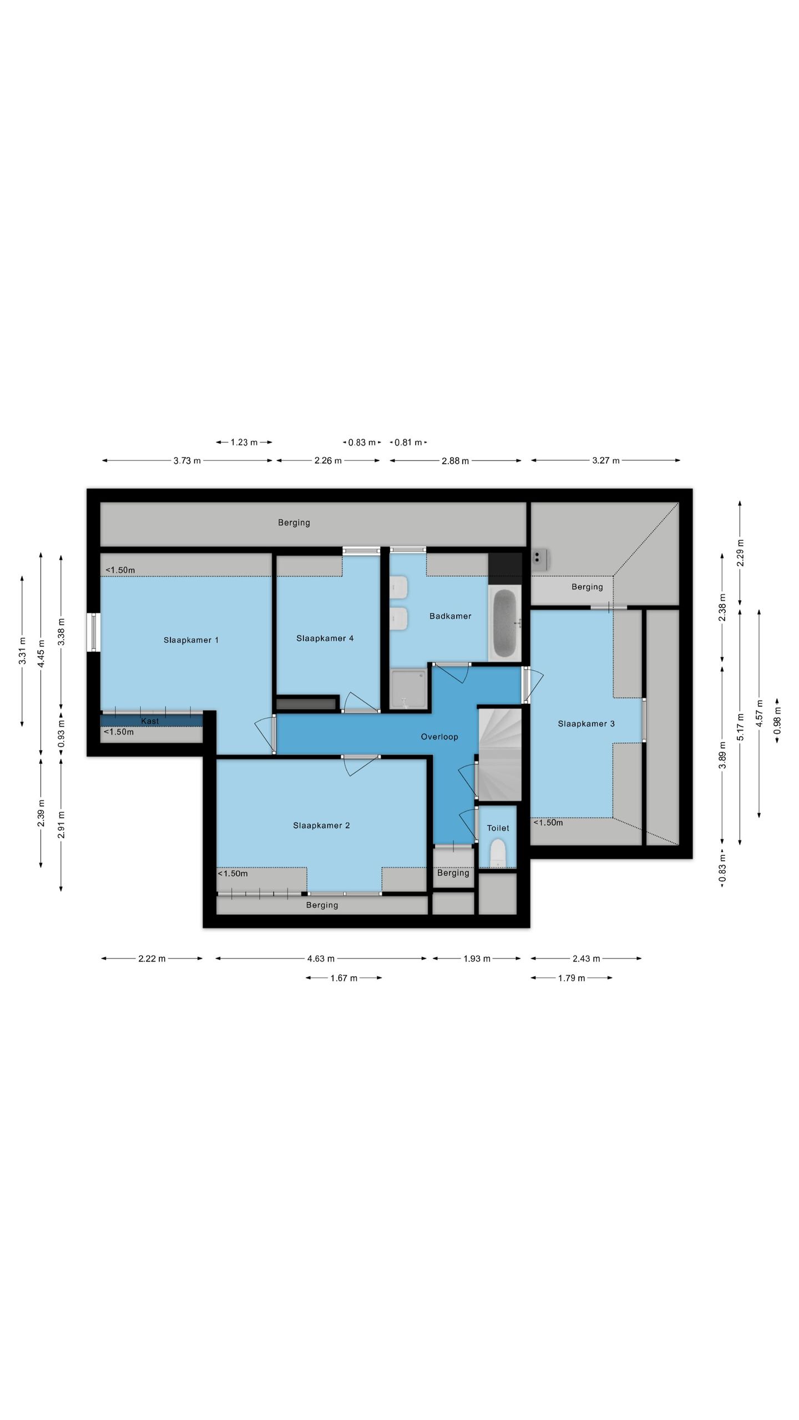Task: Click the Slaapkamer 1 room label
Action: [191, 640]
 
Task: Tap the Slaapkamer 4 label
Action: [325, 638]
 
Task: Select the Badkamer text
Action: [450, 616]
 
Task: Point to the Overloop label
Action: [439, 737]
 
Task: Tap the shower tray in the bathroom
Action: [408, 689]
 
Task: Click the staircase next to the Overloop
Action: [500, 754]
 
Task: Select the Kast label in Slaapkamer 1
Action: [150, 721]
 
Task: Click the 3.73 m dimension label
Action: [187, 461]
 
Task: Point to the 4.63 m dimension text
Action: [321, 958]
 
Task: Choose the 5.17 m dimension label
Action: [740, 727]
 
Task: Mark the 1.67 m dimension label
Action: [344, 978]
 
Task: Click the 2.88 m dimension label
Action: [455, 461]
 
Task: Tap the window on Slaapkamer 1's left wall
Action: [94, 632]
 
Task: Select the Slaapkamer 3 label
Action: [586, 724]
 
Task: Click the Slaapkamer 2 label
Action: [321, 825]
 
